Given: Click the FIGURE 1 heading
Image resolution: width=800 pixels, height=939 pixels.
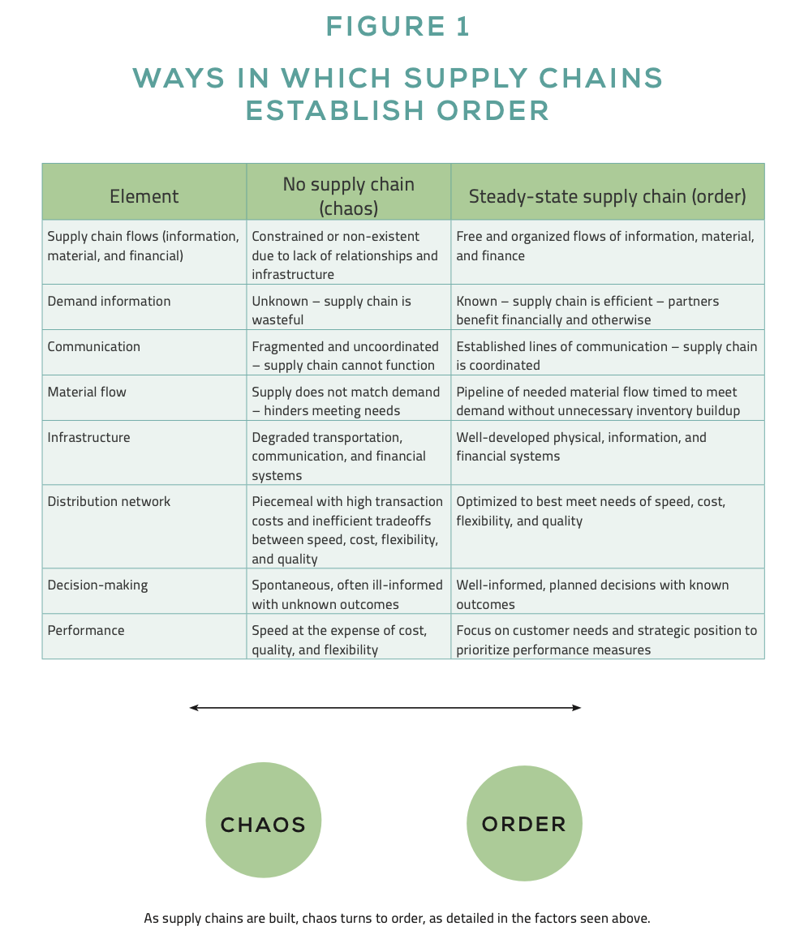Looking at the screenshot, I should [x=398, y=27].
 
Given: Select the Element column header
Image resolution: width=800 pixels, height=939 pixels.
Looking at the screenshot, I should [x=144, y=196].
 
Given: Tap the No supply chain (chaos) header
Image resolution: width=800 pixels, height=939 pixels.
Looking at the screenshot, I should [x=348, y=196].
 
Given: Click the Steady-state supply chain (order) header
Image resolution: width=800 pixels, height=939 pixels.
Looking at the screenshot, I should [x=607, y=196].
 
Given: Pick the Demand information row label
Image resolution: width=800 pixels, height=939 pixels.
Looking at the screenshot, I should [x=109, y=301].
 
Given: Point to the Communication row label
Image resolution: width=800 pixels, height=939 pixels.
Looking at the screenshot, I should [x=93, y=346].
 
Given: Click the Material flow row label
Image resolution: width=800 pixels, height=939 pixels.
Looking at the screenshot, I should [x=87, y=392].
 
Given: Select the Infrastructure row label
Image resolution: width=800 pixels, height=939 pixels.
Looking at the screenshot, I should [x=88, y=437].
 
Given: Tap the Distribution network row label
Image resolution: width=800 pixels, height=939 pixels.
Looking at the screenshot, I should [x=109, y=501].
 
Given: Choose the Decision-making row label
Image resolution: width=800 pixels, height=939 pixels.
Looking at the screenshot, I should [x=97, y=585].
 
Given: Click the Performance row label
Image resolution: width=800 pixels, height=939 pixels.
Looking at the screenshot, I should [x=86, y=630].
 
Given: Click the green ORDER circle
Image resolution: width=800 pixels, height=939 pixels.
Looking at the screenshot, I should [x=524, y=824].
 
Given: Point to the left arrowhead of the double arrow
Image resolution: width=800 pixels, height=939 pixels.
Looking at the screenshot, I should [x=193, y=708].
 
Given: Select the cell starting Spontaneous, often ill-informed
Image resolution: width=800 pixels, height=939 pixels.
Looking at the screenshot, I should [x=347, y=594].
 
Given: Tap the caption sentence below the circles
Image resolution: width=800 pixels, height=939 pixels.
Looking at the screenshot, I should [x=397, y=919].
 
